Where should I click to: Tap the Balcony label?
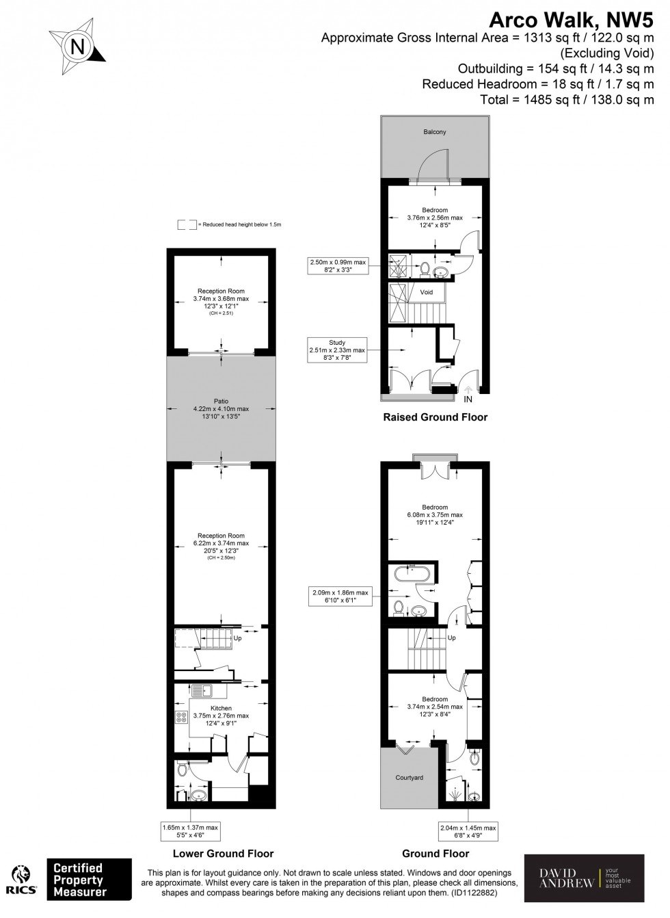pos(434,132)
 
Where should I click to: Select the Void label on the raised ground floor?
pos(426,292)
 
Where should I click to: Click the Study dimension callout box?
pos(337,346)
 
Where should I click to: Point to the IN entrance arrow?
pos(468,395)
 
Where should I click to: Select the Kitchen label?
pos(221,708)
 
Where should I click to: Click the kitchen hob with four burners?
pos(183,717)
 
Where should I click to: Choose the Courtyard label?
pos(410,778)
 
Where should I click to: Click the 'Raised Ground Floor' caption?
pos(435,417)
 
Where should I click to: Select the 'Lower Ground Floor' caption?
pos(224,853)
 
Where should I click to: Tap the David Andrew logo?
pos(584,878)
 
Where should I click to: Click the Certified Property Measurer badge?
pos(89,879)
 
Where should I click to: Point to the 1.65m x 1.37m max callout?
pos(190,831)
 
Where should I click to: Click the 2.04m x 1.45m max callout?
pos(468,831)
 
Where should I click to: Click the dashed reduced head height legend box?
pos(186,224)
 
